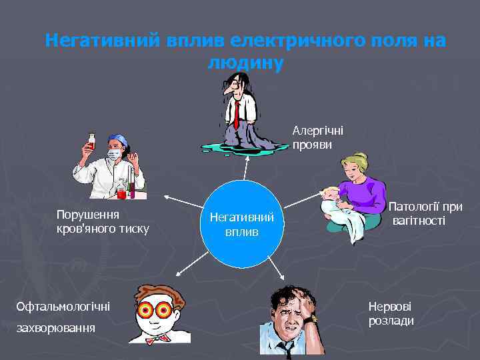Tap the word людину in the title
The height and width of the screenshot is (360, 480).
[245, 63]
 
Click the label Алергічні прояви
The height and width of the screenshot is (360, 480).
[317, 138]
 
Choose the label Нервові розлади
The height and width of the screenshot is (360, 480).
[391, 313]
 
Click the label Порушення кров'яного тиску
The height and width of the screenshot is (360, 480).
[103, 222]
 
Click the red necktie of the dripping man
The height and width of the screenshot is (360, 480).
[237, 114]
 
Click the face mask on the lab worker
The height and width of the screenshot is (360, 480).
[114, 154]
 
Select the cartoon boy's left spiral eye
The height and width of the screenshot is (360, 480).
[146, 310]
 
